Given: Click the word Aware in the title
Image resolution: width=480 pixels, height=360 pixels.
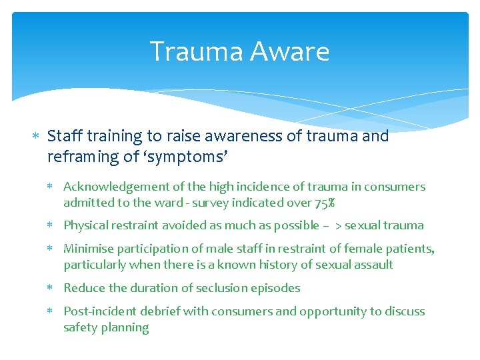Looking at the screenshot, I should (295, 51).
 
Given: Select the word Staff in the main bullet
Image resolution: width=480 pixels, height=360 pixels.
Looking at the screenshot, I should (62, 136).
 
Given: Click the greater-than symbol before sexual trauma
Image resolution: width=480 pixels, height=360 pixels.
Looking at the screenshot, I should (338, 226).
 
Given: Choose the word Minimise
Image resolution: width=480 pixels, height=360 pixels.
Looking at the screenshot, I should (89, 249).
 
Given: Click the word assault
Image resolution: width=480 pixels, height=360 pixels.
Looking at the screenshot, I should (374, 265).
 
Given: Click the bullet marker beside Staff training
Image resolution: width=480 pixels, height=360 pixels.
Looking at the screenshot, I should (37, 137).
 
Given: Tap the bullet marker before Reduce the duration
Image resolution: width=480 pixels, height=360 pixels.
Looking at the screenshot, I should (54, 289).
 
